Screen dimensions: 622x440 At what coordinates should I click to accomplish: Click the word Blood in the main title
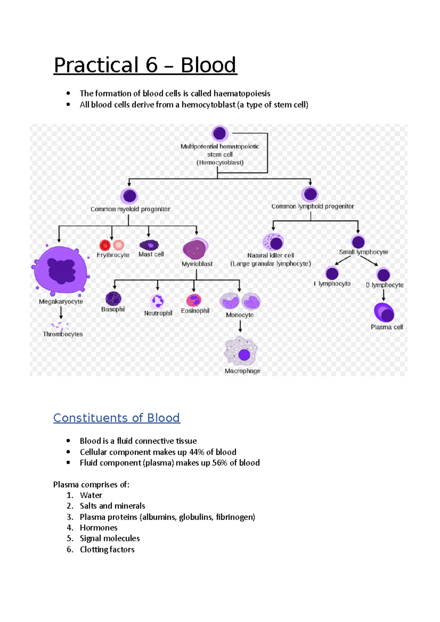[208, 65]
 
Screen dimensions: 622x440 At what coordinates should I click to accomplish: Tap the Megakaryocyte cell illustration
[61, 270]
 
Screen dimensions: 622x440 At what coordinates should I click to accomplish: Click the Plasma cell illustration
[384, 312]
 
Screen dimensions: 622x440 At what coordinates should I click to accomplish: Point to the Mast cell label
[151, 254]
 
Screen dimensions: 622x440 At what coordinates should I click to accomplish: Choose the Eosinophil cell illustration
[194, 300]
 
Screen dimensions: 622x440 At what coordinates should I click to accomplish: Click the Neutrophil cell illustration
[158, 301]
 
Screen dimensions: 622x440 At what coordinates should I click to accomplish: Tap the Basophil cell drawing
[113, 299]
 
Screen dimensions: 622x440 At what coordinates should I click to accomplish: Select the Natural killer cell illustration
[273, 242]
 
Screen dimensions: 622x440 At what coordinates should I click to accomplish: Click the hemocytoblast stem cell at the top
[220, 134]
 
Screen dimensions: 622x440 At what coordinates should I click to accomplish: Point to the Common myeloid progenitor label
[130, 209]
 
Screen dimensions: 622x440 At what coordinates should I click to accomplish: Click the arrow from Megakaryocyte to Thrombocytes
[61, 313]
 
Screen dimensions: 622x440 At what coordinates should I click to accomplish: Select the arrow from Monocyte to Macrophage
[240, 326]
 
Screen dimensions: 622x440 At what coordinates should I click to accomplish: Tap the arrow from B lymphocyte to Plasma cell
[384, 295]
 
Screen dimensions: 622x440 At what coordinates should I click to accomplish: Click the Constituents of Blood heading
[117, 418]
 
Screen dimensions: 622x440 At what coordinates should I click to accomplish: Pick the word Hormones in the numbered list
[99, 528]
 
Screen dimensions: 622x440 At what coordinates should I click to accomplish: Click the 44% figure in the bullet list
[197, 452]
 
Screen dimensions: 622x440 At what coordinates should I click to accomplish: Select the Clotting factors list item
[107, 549]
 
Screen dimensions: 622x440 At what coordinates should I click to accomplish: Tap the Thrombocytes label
[63, 334]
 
